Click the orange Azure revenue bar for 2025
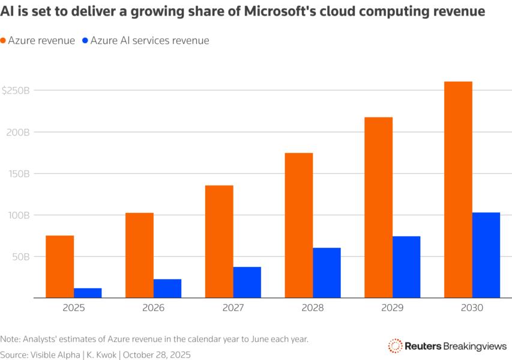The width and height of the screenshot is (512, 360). pos(59,266)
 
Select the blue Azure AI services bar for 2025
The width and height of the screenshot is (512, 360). pos(88,293)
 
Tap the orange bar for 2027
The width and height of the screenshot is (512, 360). pos(219,241)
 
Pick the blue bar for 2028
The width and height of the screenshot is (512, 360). pos(327,272)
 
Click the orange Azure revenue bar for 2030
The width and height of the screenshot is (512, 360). pos(458,190)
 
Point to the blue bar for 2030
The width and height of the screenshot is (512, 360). pos(486,255)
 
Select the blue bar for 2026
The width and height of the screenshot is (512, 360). pos(167,288)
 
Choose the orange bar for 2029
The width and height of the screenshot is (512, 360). pos(378,207)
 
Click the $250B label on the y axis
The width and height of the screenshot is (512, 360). pos(16,91)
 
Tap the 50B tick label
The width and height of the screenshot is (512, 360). pos(19,257)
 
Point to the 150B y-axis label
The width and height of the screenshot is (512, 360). pos(17,174)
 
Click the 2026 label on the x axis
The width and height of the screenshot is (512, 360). pos(153,308)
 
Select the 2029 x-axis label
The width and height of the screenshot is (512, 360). pos(393,308)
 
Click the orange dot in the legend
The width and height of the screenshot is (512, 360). pos(4,41)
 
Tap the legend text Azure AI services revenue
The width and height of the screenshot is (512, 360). pos(149,41)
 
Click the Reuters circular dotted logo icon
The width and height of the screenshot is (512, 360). pos(395,346)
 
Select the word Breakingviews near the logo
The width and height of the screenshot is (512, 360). pos(475,346)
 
